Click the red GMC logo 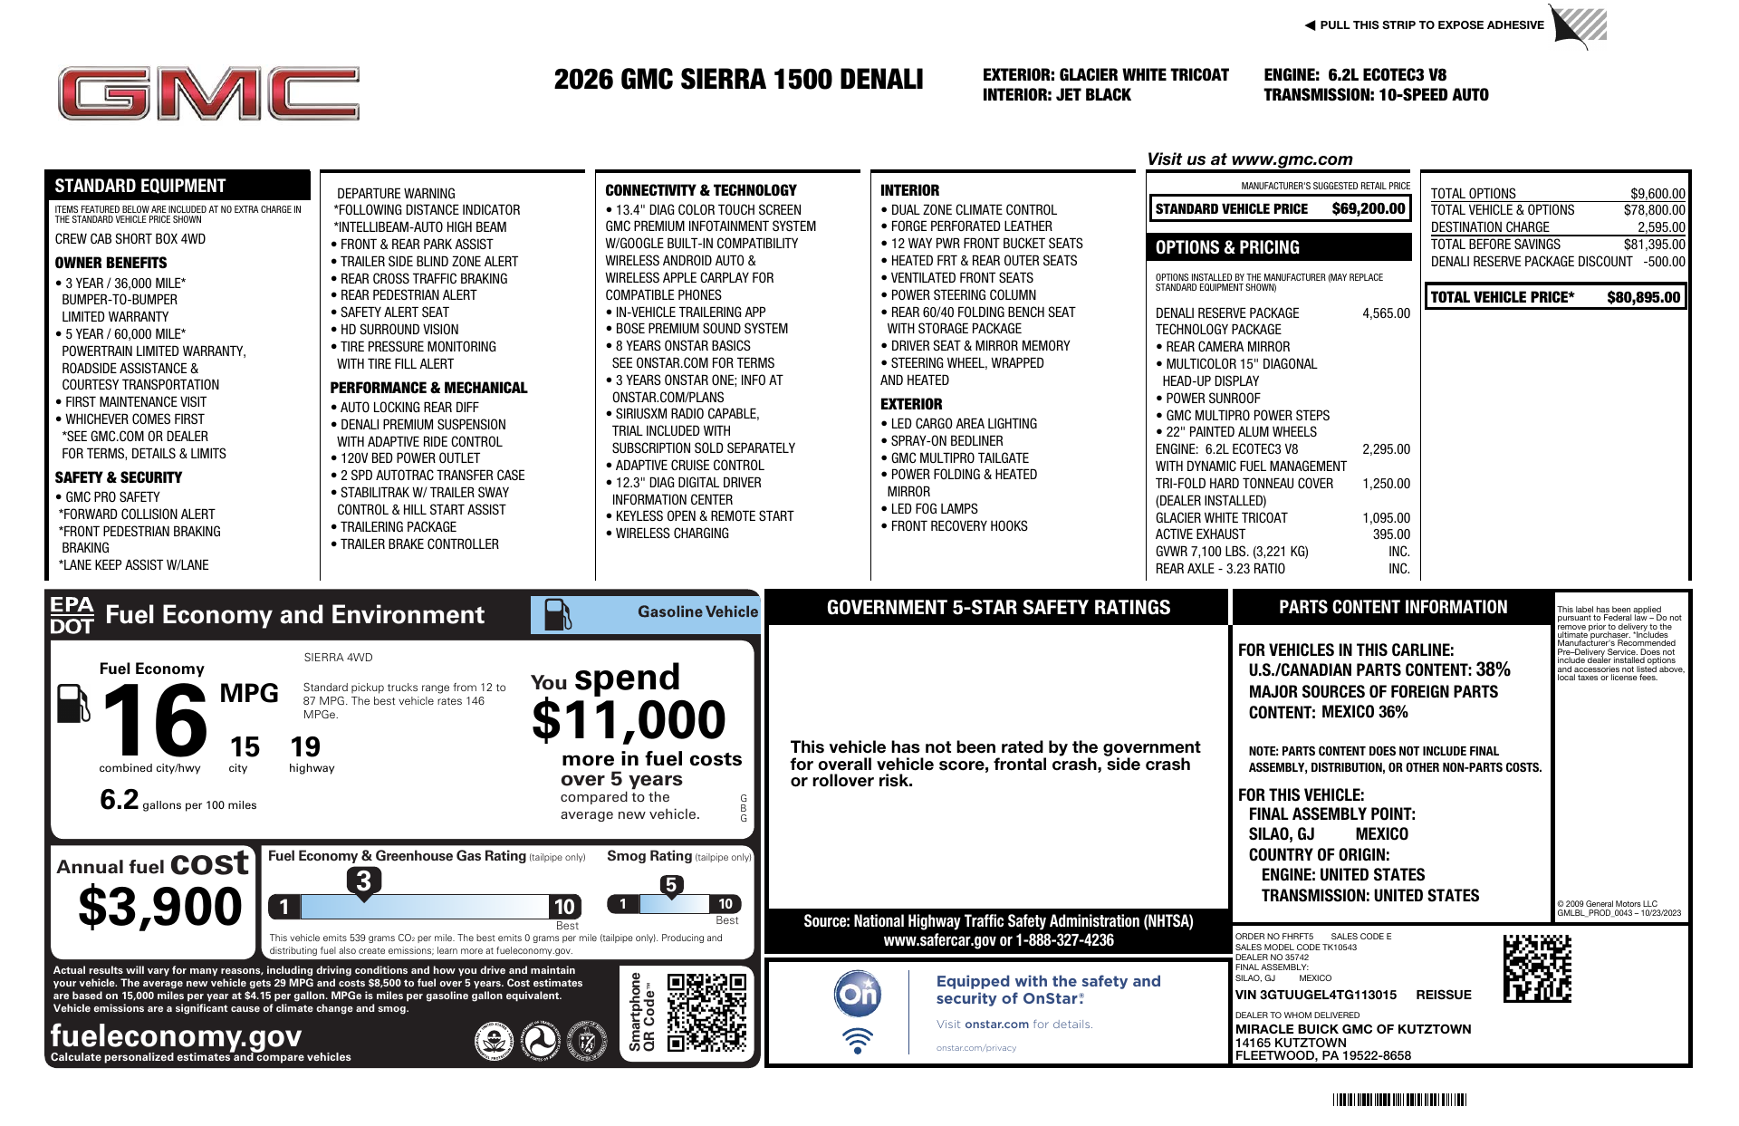208,93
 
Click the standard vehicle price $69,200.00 1368,209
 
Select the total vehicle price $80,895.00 1643,297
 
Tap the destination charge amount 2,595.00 1660,227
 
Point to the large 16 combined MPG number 155,721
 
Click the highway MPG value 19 305,747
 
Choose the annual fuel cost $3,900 160,907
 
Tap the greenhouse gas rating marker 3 363,881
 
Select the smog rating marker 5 671,885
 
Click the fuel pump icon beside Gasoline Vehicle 557,614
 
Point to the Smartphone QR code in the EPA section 706,1012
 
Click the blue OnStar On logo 857,994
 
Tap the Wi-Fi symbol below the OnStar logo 857,1040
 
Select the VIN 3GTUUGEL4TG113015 1315,995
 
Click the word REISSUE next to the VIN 1443,995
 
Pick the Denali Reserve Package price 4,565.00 1386,313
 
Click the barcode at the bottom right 1399,1101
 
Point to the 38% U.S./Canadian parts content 1493,669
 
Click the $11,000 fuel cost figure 629,721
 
